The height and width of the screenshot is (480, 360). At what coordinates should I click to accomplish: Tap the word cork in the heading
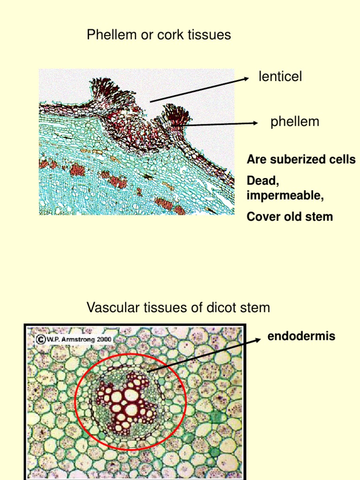171,35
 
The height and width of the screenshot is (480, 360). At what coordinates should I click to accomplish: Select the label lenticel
280,76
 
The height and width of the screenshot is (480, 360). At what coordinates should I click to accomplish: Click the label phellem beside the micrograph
295,122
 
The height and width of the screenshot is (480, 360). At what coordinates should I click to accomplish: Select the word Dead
259,180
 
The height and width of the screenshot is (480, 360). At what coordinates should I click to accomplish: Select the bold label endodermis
301,336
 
